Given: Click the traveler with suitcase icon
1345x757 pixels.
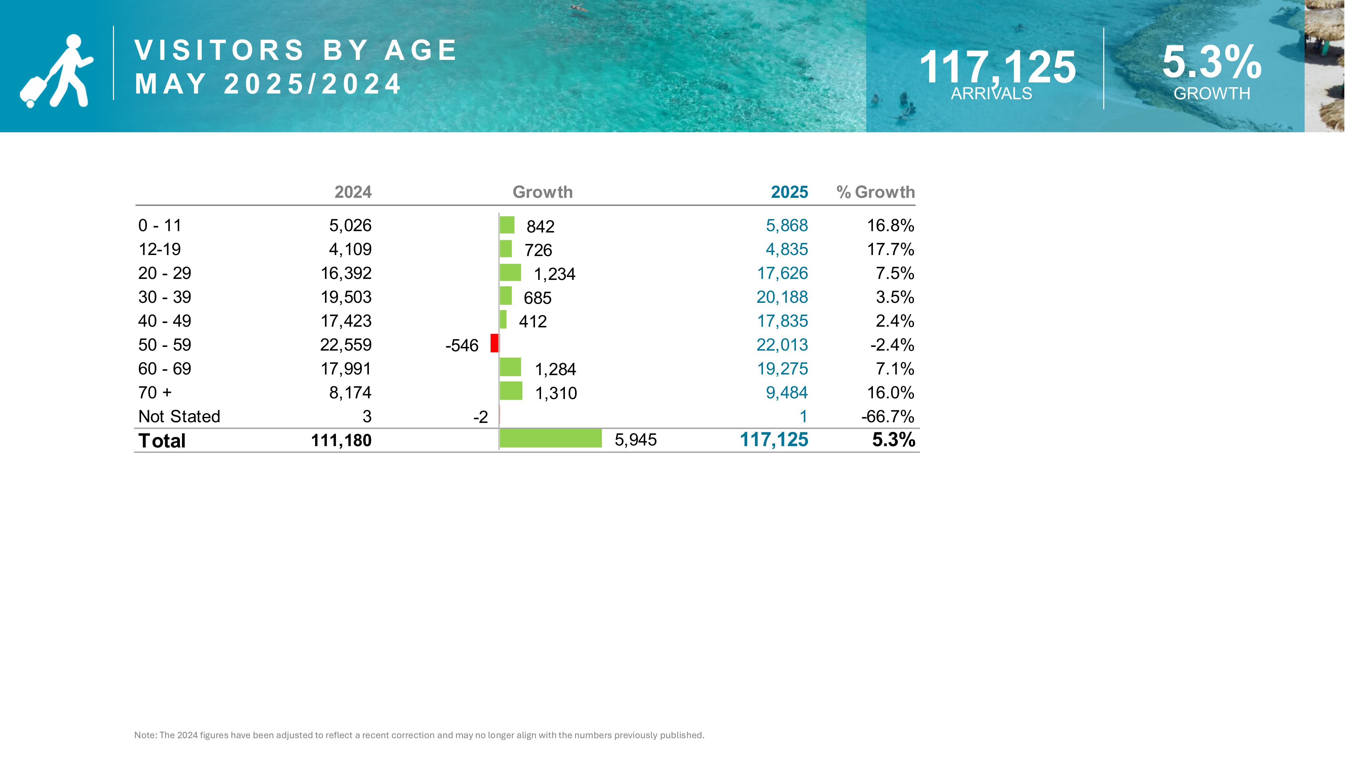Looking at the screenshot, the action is click(56, 71).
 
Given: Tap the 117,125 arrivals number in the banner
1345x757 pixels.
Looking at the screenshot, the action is click(997, 67).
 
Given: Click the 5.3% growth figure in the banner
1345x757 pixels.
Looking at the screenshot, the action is click(1212, 62).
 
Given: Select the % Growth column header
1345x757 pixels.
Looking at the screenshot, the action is click(876, 192).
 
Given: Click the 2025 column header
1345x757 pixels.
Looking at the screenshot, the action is click(790, 192).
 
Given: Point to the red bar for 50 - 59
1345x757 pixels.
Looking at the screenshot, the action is click(494, 343).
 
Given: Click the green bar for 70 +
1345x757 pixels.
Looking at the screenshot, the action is click(511, 391).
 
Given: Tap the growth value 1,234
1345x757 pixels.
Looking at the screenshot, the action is click(554, 274).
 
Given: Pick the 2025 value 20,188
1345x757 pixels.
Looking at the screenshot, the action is click(782, 297).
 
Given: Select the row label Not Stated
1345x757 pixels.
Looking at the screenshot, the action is click(179, 417).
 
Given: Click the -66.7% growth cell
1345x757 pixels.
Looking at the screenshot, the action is click(888, 417).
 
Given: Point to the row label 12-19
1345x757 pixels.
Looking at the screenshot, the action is click(159, 249).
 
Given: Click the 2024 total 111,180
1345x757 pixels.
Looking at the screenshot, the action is click(342, 440).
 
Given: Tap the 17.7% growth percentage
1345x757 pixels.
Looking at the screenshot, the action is click(891, 249).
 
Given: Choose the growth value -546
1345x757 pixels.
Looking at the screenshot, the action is click(462, 345).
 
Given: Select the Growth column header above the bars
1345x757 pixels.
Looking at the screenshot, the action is click(542, 192).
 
